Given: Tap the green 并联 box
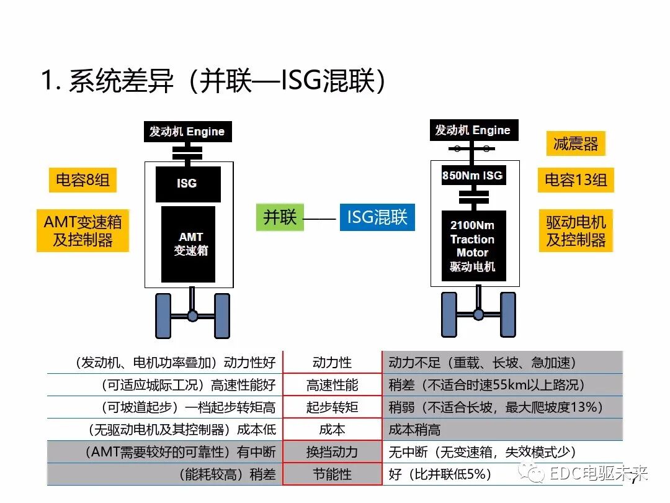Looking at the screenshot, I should [280, 217].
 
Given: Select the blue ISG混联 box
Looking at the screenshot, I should [377, 217].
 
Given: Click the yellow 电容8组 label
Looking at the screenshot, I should [83, 180].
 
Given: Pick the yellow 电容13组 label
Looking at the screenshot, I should [576, 180].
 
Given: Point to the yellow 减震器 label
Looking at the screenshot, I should [576, 144].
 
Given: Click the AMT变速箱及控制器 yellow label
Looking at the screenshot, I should [83, 231].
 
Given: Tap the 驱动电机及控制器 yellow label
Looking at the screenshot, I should [576, 231].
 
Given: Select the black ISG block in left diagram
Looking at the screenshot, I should [188, 184].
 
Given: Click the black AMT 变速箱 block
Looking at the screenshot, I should [188, 244].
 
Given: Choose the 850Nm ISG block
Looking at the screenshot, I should [472, 176].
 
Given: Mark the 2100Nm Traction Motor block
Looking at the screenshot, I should [473, 246].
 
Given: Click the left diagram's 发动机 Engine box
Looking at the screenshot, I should [187, 132].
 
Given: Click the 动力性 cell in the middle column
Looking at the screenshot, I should [332, 363].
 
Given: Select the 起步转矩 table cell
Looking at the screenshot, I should [332, 407].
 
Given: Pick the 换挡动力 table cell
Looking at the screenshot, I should [332, 452].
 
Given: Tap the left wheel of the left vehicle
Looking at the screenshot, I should [163, 315].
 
